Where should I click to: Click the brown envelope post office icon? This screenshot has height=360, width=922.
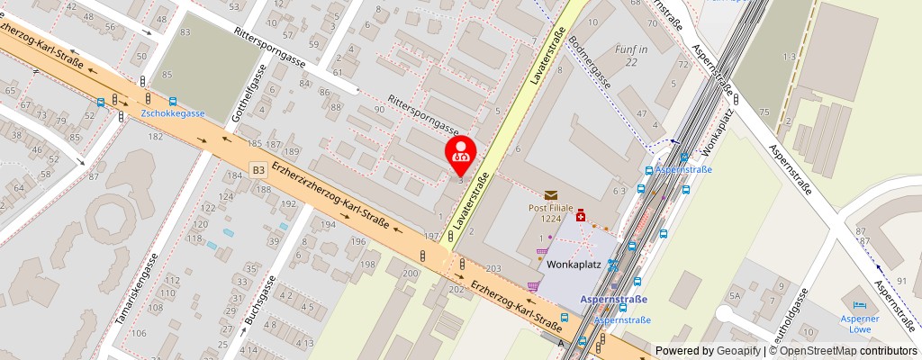click(x=550, y=194)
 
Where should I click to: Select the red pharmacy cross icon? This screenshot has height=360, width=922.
click(x=581, y=216)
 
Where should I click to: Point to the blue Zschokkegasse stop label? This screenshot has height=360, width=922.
click(x=173, y=113)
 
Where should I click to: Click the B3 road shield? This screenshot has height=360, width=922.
click(x=258, y=168)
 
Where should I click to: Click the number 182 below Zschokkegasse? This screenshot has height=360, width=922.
click(x=156, y=136)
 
